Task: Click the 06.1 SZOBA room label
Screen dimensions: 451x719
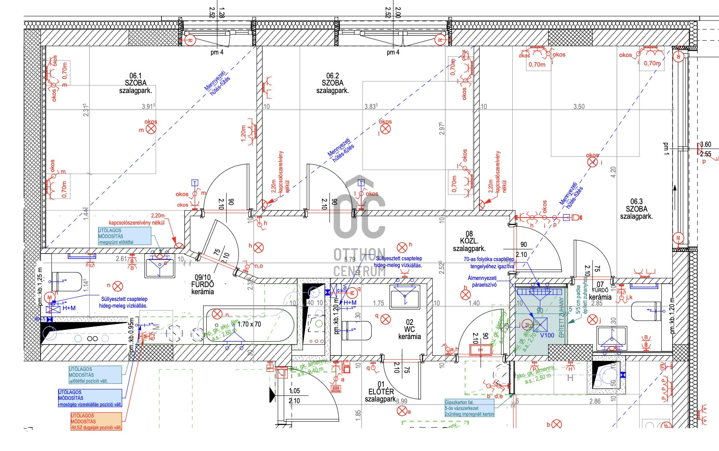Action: coord(136,83)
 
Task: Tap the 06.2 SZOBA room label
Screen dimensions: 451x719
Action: coord(333,83)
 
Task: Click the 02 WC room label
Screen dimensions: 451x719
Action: coord(409,329)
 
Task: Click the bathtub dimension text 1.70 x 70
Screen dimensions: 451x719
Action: coord(249,324)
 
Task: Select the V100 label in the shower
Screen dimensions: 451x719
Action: coord(547,335)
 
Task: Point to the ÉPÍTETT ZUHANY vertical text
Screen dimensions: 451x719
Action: coord(561,317)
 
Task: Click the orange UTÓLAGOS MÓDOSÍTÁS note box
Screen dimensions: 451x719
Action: coord(96,421)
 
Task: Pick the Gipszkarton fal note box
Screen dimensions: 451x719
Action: coord(469,408)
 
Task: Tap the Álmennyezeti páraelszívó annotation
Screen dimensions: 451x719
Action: coord(482,281)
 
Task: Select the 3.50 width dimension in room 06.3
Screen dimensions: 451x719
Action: coord(579,106)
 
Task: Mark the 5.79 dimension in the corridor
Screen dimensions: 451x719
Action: coord(349,259)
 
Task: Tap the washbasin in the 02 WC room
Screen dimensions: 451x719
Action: coord(405,296)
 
